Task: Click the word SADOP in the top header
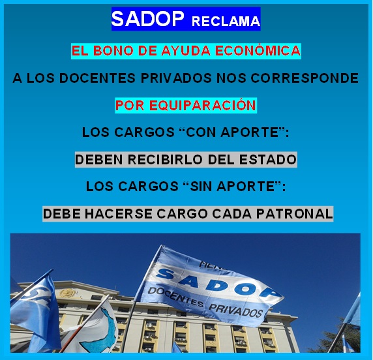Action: (x=148, y=18)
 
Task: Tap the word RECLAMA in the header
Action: (x=226, y=21)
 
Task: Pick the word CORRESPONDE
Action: (x=305, y=78)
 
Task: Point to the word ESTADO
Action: (x=268, y=159)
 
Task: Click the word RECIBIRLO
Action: (x=165, y=159)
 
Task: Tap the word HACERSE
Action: (x=119, y=213)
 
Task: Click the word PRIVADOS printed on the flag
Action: (x=236, y=310)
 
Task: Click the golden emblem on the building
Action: (x=68, y=293)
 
